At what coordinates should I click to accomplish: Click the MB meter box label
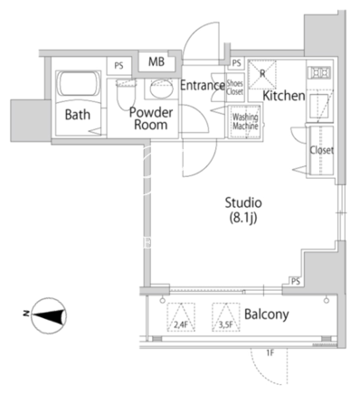pyautogui.click(x=156, y=61)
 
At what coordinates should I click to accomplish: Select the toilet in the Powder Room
pyautogui.click(x=127, y=92)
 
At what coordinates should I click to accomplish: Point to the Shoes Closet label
pyautogui.click(x=234, y=88)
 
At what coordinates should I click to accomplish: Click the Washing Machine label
pyautogui.click(x=245, y=121)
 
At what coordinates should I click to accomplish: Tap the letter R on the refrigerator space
pyautogui.click(x=262, y=73)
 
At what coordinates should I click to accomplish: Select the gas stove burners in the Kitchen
pyautogui.click(x=319, y=73)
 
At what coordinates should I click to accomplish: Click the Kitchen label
pyautogui.click(x=284, y=96)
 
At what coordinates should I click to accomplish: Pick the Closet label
pyautogui.click(x=322, y=150)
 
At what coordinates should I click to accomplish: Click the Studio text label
pyautogui.click(x=243, y=202)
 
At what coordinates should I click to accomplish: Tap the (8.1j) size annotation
pyautogui.click(x=243, y=218)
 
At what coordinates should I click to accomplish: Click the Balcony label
pyautogui.click(x=267, y=314)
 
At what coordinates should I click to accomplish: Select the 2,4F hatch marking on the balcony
pyautogui.click(x=181, y=317)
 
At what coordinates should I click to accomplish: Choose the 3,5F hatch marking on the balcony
pyautogui.click(x=226, y=317)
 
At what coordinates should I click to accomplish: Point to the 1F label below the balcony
pyautogui.click(x=270, y=353)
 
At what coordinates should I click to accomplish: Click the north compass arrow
pyautogui.click(x=50, y=315)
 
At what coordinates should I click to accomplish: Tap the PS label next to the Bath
pyautogui.click(x=118, y=66)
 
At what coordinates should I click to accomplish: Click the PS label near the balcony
pyautogui.click(x=296, y=281)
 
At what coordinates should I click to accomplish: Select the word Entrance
pyautogui.click(x=203, y=86)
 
